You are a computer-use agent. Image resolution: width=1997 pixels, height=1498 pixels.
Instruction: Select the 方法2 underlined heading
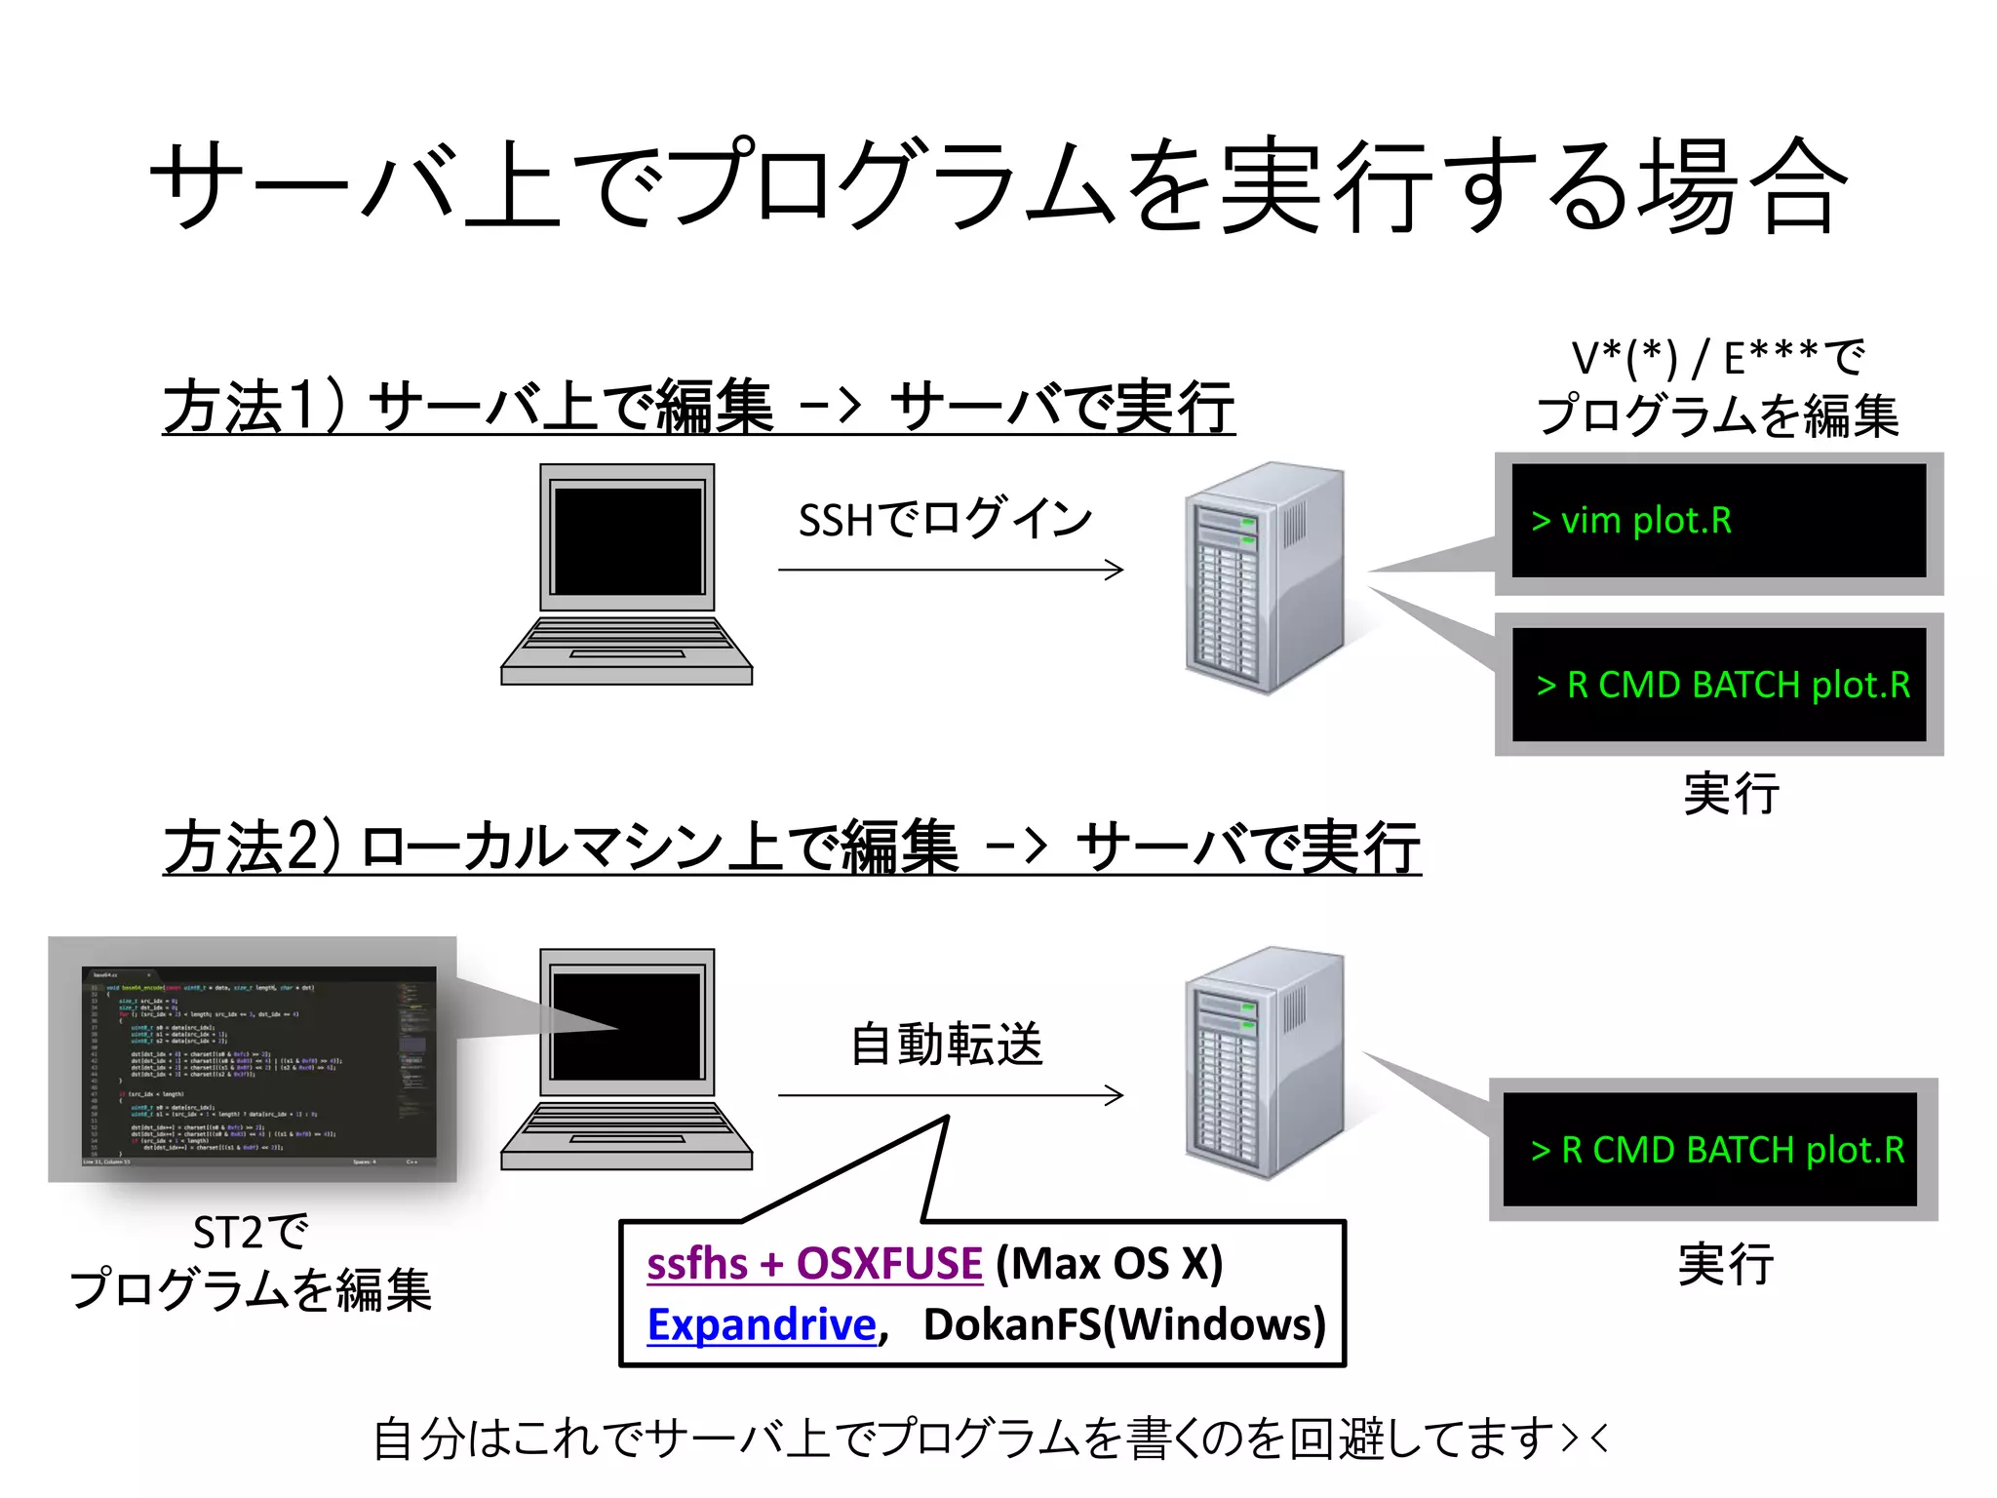coord(791,848)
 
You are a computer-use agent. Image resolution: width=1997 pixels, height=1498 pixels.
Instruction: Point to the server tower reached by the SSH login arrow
coord(1265,577)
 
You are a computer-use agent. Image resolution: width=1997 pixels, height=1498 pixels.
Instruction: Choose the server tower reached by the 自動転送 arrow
coord(1265,1062)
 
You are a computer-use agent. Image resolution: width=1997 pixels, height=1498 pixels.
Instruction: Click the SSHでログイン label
coord(944,519)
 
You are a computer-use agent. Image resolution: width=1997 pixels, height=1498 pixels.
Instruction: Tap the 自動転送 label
coord(947,1045)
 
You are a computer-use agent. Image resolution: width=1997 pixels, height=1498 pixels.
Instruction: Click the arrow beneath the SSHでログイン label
coord(951,570)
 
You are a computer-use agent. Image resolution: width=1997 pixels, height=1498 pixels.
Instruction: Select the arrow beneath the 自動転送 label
coord(951,1095)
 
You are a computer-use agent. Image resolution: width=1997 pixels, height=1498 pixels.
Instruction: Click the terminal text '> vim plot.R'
coord(1631,521)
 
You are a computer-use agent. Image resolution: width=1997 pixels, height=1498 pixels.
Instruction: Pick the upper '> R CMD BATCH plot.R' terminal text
coord(1723,685)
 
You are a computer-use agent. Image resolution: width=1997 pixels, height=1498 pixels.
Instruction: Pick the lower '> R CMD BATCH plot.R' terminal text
coord(1717,1150)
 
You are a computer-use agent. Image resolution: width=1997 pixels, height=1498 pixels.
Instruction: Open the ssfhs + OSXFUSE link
coord(814,1264)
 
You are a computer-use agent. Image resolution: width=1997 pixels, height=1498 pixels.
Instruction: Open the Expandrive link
coord(762,1324)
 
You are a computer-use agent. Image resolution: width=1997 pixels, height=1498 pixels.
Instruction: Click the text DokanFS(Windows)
coord(1124,1324)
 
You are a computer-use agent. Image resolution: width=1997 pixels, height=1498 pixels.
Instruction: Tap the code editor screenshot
coord(258,1064)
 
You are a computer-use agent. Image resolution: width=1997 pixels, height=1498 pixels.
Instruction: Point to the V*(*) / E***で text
coord(1718,358)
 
